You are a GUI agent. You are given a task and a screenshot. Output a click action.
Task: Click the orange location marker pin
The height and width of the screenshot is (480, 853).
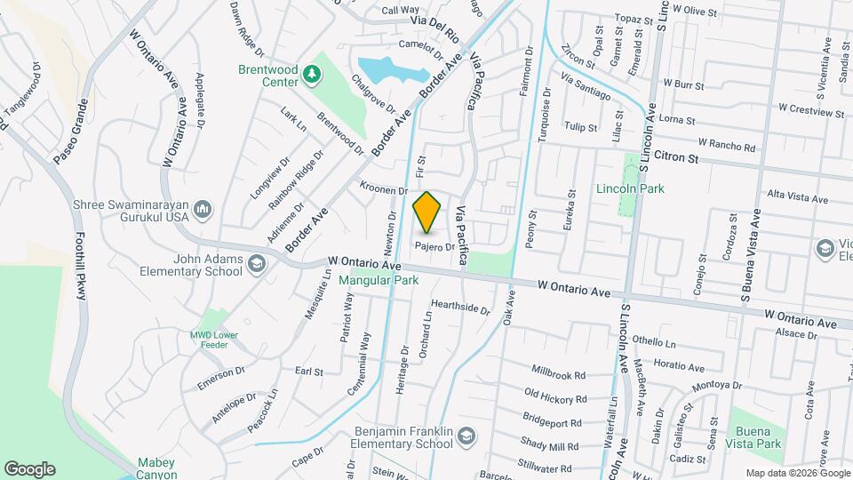pyautogui.click(x=427, y=212)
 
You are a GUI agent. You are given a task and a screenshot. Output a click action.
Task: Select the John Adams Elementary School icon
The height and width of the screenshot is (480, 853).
pyautogui.click(x=257, y=263)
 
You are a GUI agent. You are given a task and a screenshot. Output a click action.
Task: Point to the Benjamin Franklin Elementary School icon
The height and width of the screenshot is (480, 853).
pyautogui.click(x=467, y=436)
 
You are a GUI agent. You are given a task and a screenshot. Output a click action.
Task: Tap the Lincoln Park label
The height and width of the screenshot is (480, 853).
pyautogui.click(x=631, y=188)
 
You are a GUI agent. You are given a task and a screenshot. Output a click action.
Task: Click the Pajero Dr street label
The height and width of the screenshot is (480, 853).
pyautogui.click(x=435, y=246)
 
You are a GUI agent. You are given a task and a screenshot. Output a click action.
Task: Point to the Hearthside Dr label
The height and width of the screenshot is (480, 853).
pyautogui.click(x=460, y=308)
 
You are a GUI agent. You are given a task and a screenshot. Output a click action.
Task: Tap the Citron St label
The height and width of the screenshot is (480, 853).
pyautogui.click(x=677, y=156)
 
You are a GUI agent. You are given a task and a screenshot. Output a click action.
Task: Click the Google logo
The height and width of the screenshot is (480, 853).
pyautogui.click(x=29, y=468)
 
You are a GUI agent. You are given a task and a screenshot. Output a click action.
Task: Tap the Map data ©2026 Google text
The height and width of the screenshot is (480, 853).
pyautogui.click(x=796, y=473)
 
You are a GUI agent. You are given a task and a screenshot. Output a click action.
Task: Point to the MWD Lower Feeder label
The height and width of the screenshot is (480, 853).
pyautogui.click(x=212, y=340)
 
